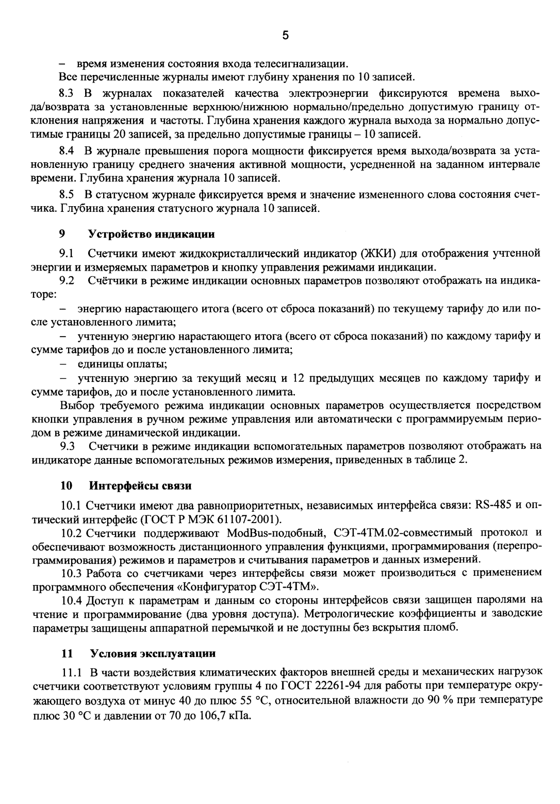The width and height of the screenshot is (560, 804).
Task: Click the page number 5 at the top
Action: (x=286, y=36)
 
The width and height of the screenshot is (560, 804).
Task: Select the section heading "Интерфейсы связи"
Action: (x=140, y=485)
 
